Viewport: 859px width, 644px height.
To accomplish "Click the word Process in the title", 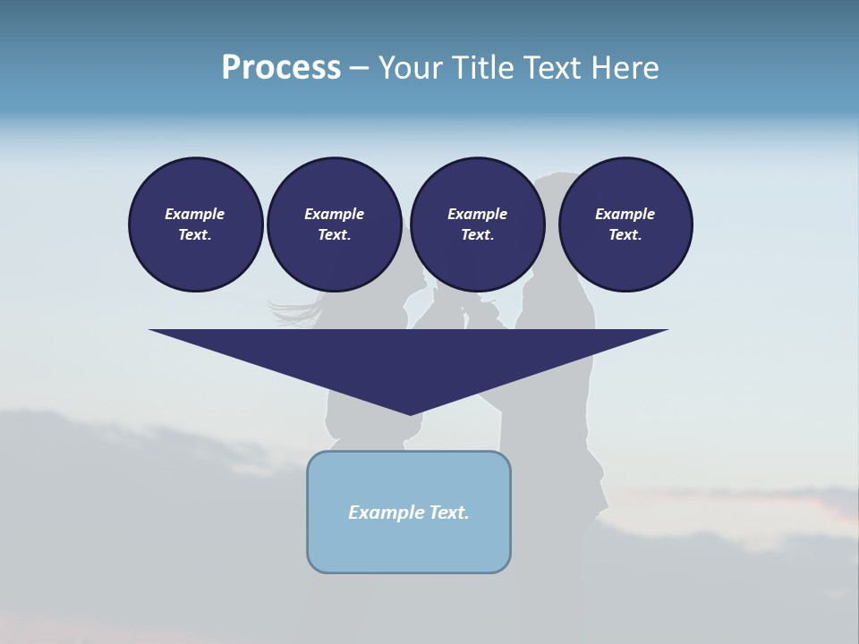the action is coord(281,68).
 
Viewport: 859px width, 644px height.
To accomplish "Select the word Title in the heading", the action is coord(483,68).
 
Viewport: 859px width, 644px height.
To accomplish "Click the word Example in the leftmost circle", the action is coord(195,214).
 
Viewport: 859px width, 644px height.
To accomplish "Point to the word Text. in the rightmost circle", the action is coord(625,234).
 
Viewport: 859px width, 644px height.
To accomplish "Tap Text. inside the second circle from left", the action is coord(334,234).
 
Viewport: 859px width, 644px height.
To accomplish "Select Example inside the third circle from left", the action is coord(477,214).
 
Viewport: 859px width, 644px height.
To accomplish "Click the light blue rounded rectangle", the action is coord(409,546).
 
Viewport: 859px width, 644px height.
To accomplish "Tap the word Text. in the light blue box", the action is coord(450,513).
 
